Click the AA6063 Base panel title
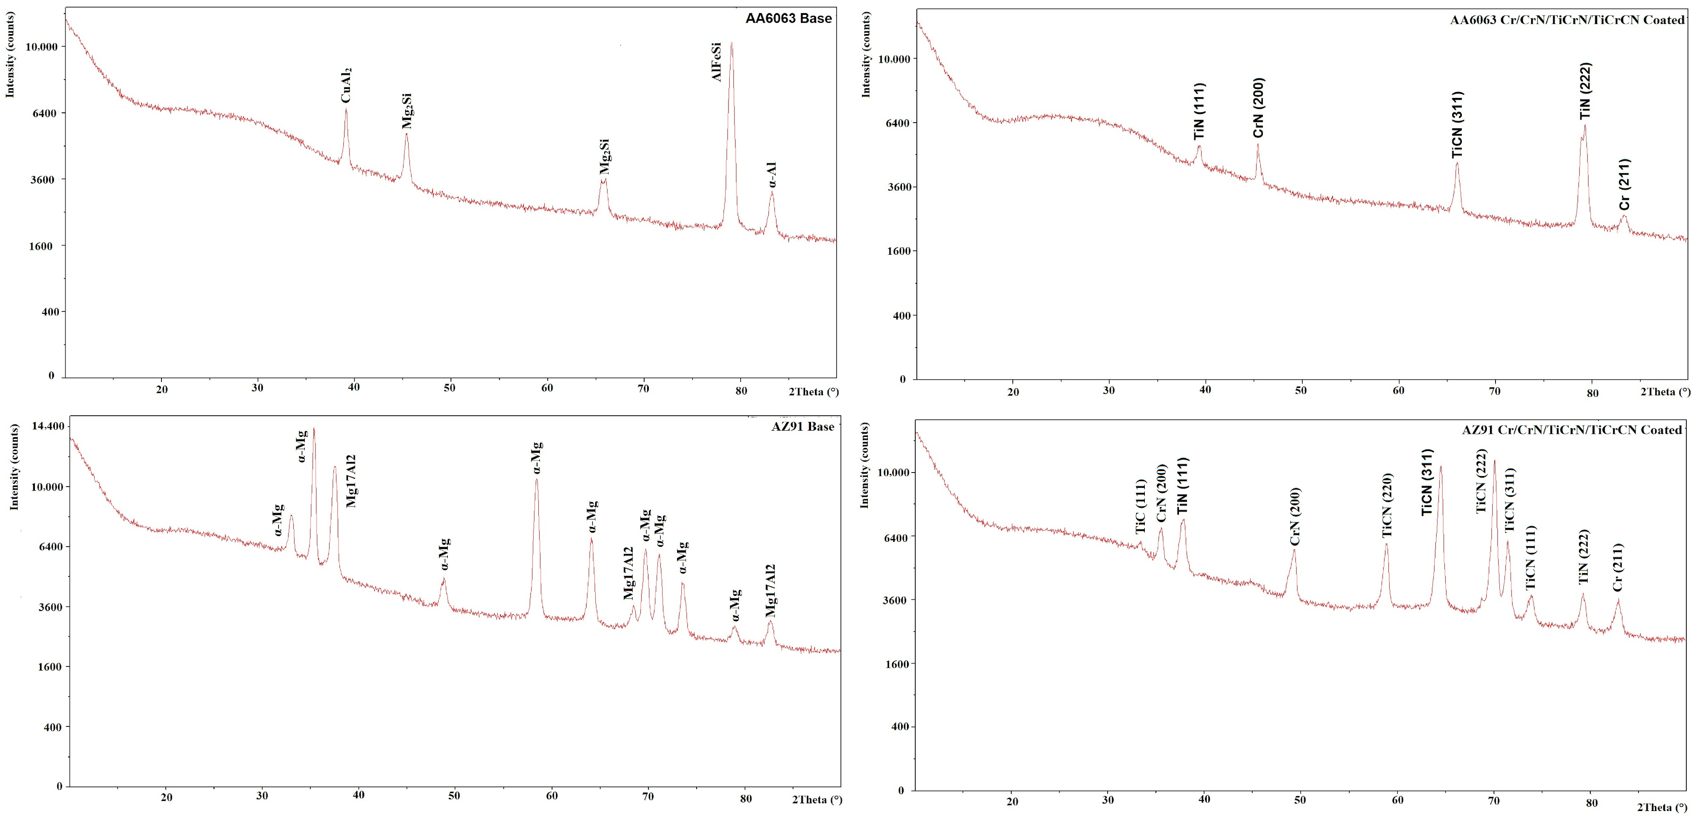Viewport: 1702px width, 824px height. click(788, 18)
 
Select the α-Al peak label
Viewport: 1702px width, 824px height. click(772, 175)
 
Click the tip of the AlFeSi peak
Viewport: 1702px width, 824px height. click(731, 43)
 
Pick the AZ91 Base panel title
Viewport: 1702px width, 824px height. click(803, 427)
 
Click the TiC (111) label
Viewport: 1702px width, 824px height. click(1141, 507)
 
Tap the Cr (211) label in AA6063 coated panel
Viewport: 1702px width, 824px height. click(1625, 185)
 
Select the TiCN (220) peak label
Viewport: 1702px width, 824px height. click(1387, 505)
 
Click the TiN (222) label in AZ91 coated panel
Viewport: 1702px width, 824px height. click(1584, 557)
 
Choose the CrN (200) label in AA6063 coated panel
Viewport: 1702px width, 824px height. click(1258, 108)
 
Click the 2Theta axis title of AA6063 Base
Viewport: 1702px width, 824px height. click(813, 392)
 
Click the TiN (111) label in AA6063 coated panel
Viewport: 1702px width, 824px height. click(1200, 111)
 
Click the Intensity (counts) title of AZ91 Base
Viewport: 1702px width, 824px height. click(14, 467)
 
